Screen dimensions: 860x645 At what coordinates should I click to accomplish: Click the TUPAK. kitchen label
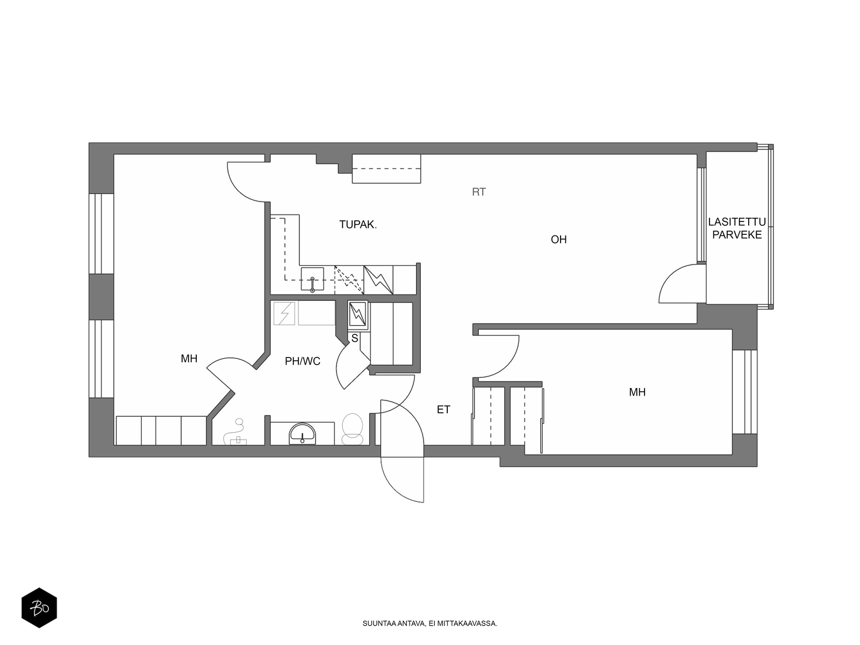coord(358,225)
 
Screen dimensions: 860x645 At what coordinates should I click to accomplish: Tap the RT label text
coord(479,192)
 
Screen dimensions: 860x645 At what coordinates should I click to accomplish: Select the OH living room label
coord(558,239)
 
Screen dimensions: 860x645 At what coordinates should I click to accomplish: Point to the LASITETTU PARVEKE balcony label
coord(736,228)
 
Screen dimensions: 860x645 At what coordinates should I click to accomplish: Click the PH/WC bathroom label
coord(303,361)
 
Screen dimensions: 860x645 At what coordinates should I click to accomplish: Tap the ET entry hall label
coord(443,410)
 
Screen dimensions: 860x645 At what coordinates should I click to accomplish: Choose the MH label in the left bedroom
coord(189,359)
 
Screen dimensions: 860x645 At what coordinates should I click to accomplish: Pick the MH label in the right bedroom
coord(637,392)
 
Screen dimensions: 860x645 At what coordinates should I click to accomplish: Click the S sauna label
coord(355,339)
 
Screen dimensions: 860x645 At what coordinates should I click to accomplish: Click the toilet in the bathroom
coord(353,429)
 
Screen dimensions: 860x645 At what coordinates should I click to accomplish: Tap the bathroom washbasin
coord(302,434)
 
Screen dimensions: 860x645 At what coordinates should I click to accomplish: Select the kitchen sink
coord(312,279)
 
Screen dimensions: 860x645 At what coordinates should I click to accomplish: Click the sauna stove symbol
coord(357,314)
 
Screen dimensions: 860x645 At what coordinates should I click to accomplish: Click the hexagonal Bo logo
coord(39,607)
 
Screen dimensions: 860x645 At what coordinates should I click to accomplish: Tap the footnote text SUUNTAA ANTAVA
coord(394,623)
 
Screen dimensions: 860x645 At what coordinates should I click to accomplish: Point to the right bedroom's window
coord(744,392)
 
